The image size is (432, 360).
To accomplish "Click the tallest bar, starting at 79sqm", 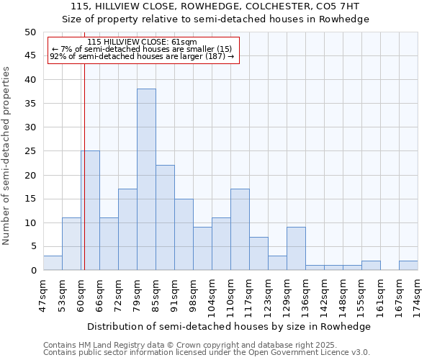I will (146, 179).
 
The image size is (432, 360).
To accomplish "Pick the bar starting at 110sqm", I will (240, 230).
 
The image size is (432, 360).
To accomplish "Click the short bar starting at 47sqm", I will (53, 263).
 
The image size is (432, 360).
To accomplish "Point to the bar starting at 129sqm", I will (296, 248).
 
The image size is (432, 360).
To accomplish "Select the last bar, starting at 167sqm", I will (408, 265).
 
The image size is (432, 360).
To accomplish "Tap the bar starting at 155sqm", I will (371, 265).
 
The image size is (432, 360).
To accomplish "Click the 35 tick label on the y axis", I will (30, 104).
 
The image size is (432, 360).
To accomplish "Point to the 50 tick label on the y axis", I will (30, 32).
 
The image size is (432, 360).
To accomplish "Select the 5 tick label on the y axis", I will (32, 246).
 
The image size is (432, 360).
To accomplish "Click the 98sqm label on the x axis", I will (194, 294).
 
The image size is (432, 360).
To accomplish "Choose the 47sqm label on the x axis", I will (44, 294).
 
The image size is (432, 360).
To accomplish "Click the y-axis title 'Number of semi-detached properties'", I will (7, 156).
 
